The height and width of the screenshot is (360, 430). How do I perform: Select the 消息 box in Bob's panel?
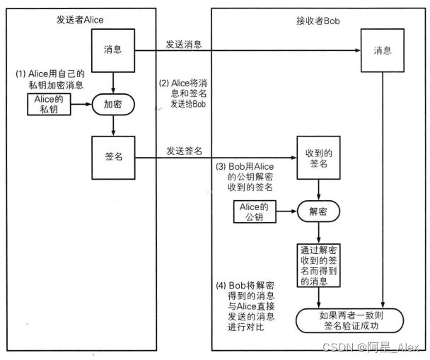click(x=383, y=51)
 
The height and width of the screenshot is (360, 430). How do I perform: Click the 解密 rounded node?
click(x=318, y=210)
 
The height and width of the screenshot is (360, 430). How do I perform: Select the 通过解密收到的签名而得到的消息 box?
click(x=319, y=265)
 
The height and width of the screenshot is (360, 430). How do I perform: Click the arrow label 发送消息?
click(x=184, y=45)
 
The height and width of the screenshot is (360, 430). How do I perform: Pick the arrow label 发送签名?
click(x=185, y=151)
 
